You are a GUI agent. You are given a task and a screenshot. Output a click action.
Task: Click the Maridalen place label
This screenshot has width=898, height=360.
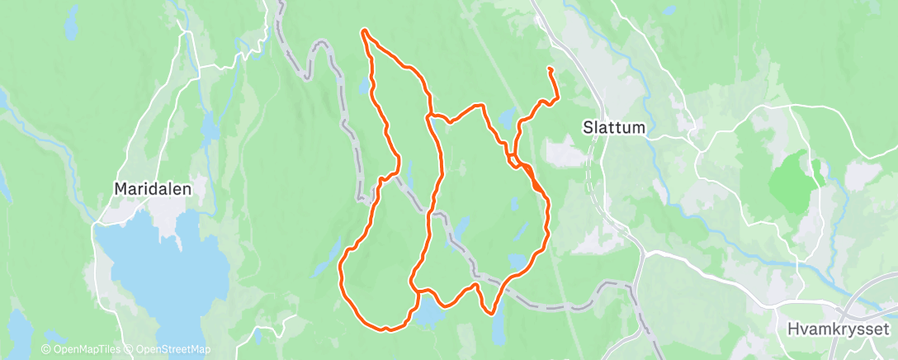tap(153, 189)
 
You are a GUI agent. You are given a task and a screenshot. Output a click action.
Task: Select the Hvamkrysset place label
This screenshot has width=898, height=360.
tap(837, 329)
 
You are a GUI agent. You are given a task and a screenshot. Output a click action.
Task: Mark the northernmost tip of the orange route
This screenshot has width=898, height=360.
tap(363, 31)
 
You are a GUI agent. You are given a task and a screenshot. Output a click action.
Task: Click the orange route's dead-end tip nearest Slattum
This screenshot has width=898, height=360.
tap(549, 69)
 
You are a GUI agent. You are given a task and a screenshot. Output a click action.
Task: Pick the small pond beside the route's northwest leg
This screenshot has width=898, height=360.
tap(364, 86)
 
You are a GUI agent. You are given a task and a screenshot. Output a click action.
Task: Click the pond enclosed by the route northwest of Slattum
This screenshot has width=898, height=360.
tap(505, 117)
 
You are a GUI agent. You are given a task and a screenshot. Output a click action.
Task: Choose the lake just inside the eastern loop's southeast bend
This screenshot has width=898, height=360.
tap(518, 261)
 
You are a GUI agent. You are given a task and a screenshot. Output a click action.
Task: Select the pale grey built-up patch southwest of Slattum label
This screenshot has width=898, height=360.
tap(561, 154)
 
